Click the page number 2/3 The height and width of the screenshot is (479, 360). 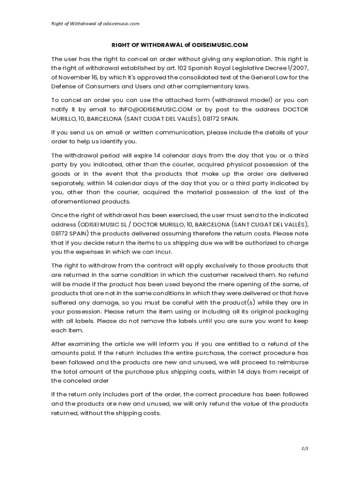305,449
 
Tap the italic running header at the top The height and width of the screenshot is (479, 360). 95,23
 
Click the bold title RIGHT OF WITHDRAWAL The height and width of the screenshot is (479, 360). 179,45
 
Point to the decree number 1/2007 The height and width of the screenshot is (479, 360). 295,68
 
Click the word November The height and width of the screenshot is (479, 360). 74,77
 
